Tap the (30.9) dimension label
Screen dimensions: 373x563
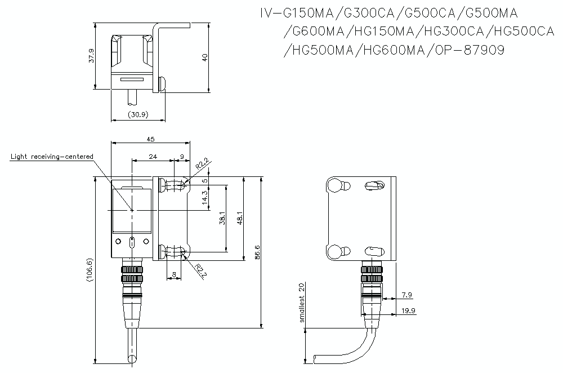click(138, 114)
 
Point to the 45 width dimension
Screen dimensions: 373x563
click(150, 139)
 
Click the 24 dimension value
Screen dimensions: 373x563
click(153, 157)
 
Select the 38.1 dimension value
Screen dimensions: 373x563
click(222, 218)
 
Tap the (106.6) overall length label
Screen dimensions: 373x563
click(90, 273)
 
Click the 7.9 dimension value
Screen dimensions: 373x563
click(408, 295)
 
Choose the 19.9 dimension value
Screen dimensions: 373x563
click(409, 310)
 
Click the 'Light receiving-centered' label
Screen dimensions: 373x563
click(52, 156)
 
